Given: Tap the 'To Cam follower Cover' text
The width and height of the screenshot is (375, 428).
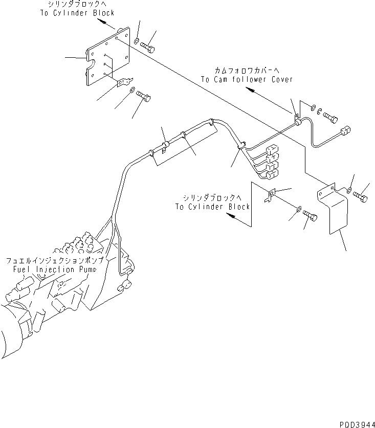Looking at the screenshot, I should pos(247,79).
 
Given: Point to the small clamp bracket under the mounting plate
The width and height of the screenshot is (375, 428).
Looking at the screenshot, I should pos(124,81).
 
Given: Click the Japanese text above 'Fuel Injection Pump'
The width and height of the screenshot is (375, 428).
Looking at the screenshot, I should pos(54,260).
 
